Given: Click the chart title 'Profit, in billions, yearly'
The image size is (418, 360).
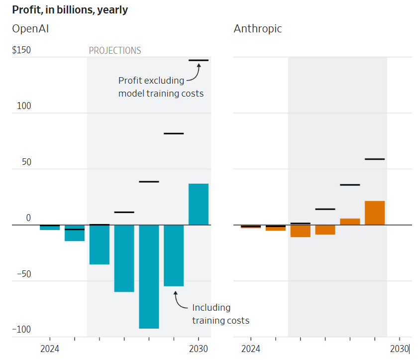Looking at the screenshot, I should pos(70,10).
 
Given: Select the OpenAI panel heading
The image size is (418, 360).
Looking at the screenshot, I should pos(30,29).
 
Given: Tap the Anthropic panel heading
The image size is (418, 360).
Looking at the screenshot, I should pos(258,29).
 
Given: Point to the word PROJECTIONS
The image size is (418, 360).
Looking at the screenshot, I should pos(115,51).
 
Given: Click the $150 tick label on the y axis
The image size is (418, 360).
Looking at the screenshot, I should pos(21,50).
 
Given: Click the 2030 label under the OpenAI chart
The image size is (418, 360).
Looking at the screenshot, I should pos(199,349).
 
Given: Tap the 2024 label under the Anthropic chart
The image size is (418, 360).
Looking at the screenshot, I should pos(250,349).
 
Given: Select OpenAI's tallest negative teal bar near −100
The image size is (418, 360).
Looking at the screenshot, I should pos(149,276).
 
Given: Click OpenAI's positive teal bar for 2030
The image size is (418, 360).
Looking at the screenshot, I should pos(199,204).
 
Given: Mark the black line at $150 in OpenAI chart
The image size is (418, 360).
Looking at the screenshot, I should pos(199,60).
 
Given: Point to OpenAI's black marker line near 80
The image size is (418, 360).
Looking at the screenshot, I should pos(174,133).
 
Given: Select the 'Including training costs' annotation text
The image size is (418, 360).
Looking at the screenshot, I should pos(220,314).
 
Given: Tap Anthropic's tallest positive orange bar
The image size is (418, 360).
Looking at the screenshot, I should pos(375,213).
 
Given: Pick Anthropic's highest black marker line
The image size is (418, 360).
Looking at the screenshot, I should pos(375,159).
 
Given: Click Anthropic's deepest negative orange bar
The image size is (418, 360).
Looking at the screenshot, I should pos(300,231).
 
